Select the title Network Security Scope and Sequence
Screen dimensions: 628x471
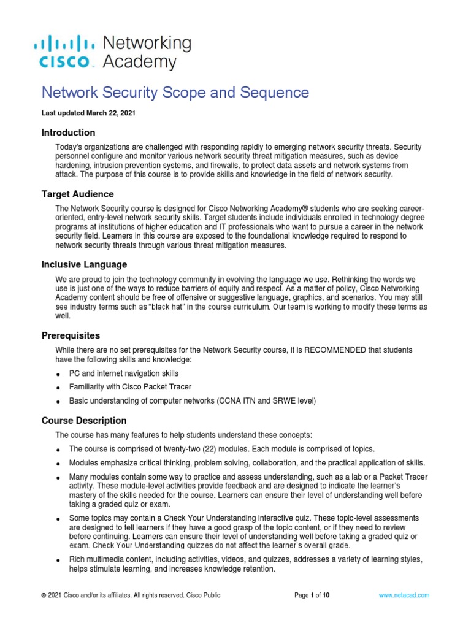click(x=175, y=93)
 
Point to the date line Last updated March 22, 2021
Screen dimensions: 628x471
click(x=88, y=113)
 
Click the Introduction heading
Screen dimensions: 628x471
click(x=68, y=132)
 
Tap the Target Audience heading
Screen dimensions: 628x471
click(x=77, y=194)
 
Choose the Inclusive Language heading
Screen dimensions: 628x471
click(x=84, y=264)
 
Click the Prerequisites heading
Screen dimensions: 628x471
click(x=71, y=336)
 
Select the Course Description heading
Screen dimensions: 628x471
click(x=84, y=421)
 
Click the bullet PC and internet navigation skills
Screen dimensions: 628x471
click(x=124, y=373)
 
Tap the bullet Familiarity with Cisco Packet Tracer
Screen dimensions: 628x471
click(x=131, y=387)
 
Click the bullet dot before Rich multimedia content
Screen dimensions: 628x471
click(x=58, y=561)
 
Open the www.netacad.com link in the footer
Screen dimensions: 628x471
click(x=404, y=595)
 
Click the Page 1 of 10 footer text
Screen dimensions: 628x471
click(x=312, y=595)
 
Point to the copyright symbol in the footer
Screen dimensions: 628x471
click(x=43, y=595)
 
